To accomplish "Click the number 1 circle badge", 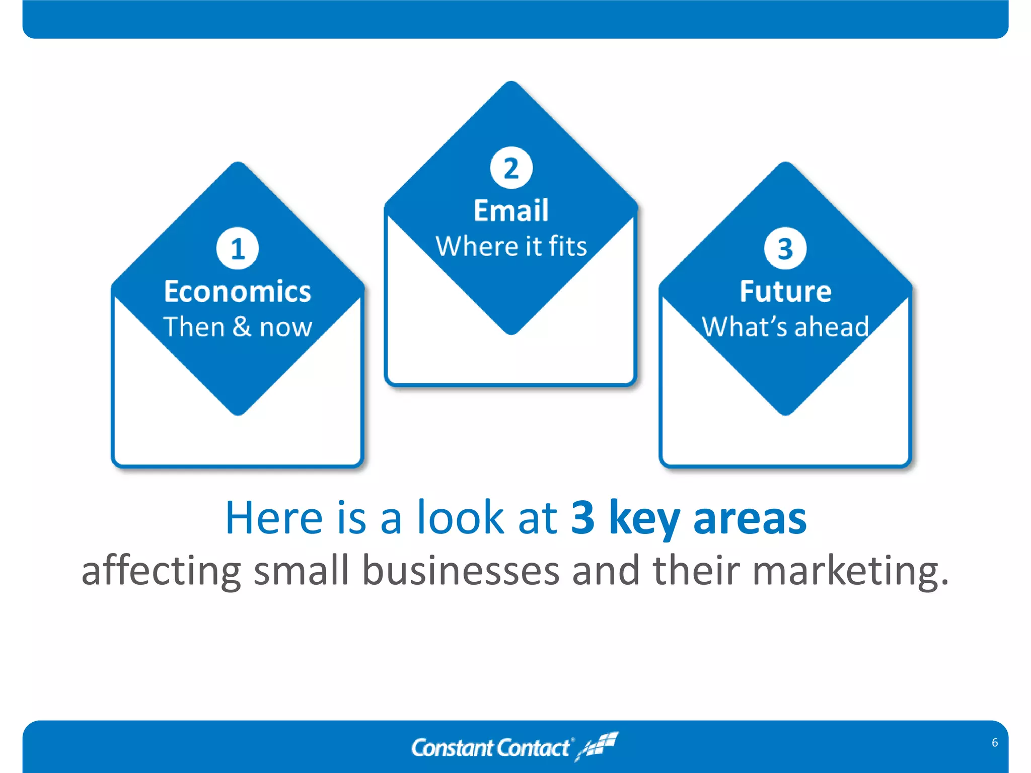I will pyautogui.click(x=238, y=249).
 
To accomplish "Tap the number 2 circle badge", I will pyautogui.click(x=511, y=168).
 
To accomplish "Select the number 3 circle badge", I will pyautogui.click(x=785, y=249).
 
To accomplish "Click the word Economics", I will pyautogui.click(x=238, y=291).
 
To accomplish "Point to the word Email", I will pyautogui.click(x=511, y=210).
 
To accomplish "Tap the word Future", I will pyautogui.click(x=785, y=291).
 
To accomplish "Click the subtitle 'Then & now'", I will pyautogui.click(x=238, y=327).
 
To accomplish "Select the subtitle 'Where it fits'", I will pyautogui.click(x=511, y=247).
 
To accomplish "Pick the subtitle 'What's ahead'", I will pyautogui.click(x=785, y=327).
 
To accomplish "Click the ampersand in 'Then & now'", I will pyautogui.click(x=242, y=327).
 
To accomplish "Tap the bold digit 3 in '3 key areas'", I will pyautogui.click(x=583, y=518).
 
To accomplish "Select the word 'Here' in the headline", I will pyautogui.click(x=274, y=518).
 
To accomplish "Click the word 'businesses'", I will pyautogui.click(x=461, y=571).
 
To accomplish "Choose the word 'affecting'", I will pyautogui.click(x=161, y=571).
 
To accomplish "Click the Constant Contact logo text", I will pyautogui.click(x=491, y=748).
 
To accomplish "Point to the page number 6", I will pyautogui.click(x=995, y=743).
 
